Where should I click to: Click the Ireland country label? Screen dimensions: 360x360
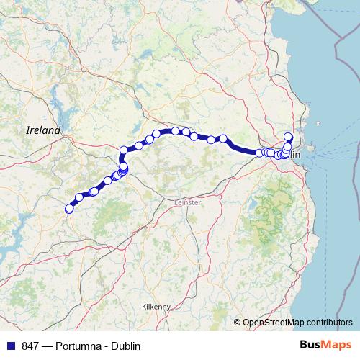[x=43, y=130]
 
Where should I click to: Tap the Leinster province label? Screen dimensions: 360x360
[x=188, y=203]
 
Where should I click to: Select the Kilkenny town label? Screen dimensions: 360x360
[x=156, y=306]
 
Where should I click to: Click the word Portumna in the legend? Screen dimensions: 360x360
[x=74, y=346]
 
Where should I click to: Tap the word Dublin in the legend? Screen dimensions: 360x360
[x=123, y=346]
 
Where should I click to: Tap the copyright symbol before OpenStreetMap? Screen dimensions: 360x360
[x=238, y=323]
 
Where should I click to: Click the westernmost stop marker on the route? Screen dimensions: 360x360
[x=70, y=209]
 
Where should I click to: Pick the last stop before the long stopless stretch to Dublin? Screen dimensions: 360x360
[x=223, y=139]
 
